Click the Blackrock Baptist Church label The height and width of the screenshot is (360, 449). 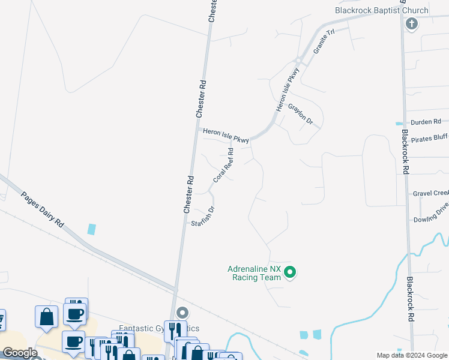coord(382,10)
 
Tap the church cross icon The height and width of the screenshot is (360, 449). coord(411,24)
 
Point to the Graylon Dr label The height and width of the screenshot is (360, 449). coord(301,114)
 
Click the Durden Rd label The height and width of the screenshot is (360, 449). coord(426,122)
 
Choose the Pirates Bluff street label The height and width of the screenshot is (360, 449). coord(429,139)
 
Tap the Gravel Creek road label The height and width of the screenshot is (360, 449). coord(430,193)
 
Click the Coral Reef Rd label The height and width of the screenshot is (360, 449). coord(223,166)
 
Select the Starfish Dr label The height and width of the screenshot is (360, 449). coord(203,217)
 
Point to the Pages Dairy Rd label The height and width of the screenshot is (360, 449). coord(42,208)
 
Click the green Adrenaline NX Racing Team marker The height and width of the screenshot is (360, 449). coord(290,273)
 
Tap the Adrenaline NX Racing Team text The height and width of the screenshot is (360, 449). coord(254,273)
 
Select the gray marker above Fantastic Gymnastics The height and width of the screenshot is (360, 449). coord(183,313)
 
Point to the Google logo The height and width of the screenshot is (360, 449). coord(20,353)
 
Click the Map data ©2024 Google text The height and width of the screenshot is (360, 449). coord(411,355)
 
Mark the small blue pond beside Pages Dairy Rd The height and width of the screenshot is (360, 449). coord(91,229)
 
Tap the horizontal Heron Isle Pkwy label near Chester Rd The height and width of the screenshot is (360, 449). coord(225,135)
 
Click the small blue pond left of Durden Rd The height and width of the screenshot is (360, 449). coord(399,124)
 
